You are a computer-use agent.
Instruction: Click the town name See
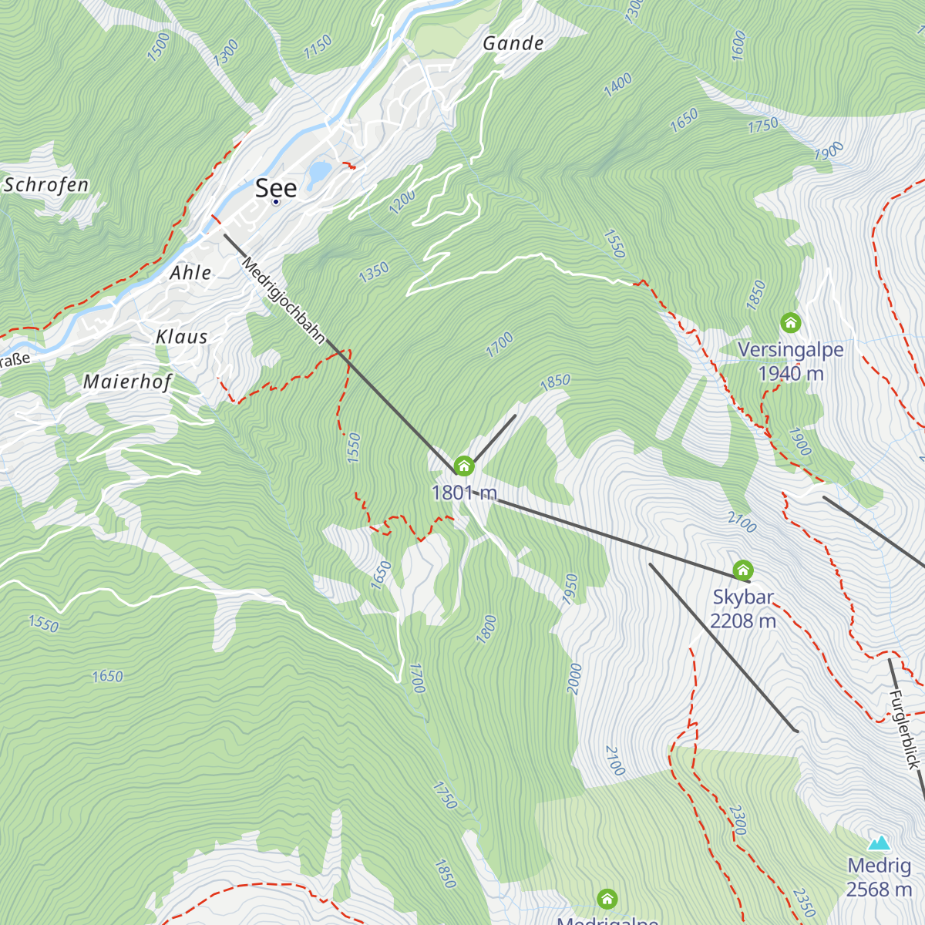point(276,187)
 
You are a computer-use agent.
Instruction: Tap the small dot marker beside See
point(276,202)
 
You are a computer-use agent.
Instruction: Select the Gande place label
point(513,43)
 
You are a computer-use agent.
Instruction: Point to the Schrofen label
point(46,185)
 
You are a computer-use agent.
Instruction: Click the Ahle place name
point(190,273)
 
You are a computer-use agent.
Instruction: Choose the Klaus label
point(182,337)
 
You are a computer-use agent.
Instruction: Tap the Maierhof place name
point(127,382)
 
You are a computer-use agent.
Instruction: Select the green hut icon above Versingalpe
point(790,322)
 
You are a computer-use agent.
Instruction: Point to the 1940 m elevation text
point(791,374)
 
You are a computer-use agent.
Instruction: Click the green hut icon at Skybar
point(743,570)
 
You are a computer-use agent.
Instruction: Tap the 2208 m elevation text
point(743,621)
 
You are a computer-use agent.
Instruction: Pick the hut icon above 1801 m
point(463,466)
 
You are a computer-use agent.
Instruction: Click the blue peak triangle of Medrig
point(879,843)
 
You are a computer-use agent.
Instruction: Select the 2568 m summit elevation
point(879,889)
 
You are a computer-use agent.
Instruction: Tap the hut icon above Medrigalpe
point(607,899)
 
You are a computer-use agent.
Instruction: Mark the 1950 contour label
point(570,590)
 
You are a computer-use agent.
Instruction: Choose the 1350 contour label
point(374,272)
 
